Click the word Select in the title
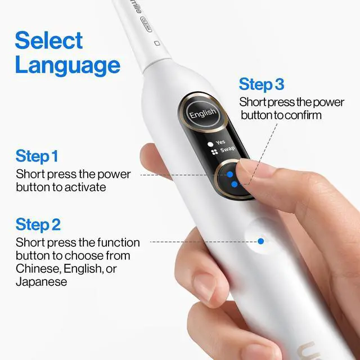point(48,40)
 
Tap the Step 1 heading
point(37,156)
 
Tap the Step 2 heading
point(38,224)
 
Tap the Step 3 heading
point(261,84)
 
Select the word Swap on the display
point(227,150)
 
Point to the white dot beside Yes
point(210,143)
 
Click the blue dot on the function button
point(261,241)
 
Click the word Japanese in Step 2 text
point(42,282)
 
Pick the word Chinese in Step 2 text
point(35,269)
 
